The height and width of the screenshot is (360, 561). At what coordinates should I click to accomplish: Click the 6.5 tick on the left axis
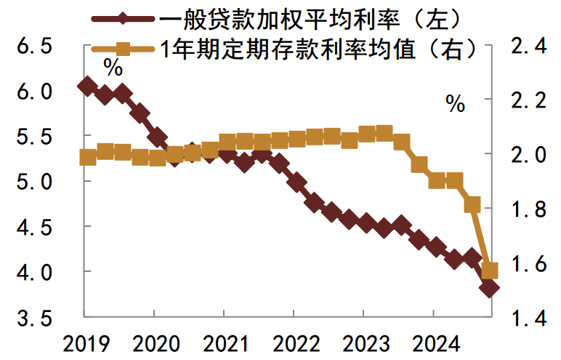pos(34,47)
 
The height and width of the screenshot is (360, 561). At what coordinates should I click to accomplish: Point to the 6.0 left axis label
pos(34,92)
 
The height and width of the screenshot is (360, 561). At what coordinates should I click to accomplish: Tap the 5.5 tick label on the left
pos(34,137)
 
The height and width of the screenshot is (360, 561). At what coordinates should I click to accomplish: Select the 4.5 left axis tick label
pos(34,228)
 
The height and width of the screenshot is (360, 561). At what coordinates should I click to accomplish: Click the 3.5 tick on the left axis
pos(34,318)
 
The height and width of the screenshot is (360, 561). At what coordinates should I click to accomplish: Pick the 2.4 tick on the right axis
pos(528,47)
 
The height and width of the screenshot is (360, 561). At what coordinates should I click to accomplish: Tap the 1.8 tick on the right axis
pos(528,209)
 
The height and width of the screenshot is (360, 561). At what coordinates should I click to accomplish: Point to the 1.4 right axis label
pos(528,318)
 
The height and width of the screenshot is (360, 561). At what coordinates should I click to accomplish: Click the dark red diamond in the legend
pos(121,17)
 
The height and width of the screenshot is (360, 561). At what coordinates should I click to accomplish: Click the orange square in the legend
pos(121,49)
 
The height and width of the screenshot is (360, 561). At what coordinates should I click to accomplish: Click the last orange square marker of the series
pos(490,271)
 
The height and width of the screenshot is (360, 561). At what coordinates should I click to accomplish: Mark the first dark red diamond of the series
pos(87,86)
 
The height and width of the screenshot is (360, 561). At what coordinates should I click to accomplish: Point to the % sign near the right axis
pos(455,104)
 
